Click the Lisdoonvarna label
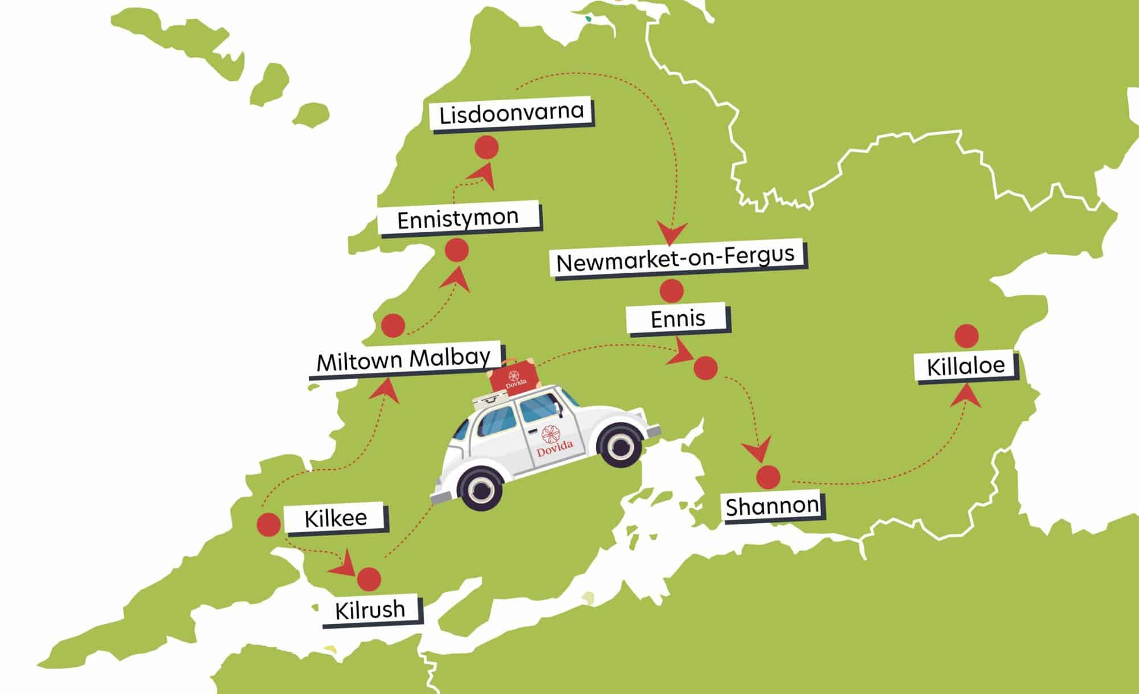tap(511, 113)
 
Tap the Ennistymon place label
tap(458, 218)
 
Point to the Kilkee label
tap(336, 519)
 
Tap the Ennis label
tap(678, 319)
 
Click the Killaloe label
tap(966, 366)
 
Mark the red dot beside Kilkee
tap(269, 525)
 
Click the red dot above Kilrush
tap(369, 579)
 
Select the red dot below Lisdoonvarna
tap(486, 147)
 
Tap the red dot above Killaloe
tap(966, 336)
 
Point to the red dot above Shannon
tap(768, 477)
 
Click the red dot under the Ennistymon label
tap(456, 250)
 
